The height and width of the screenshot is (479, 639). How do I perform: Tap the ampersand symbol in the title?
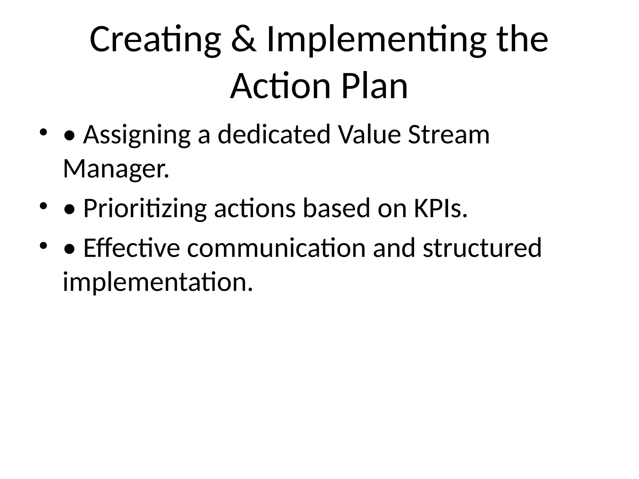(244, 40)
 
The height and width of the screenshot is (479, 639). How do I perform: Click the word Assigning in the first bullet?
(137, 135)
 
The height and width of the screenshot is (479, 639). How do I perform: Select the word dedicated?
(274, 134)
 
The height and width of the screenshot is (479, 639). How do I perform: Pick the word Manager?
(116, 169)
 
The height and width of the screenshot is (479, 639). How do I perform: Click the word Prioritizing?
(145, 208)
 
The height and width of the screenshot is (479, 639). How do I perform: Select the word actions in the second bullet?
(255, 208)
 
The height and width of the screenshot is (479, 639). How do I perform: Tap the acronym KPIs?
(440, 208)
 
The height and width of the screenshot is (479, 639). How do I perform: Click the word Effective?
(131, 248)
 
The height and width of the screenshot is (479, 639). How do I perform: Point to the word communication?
(276, 248)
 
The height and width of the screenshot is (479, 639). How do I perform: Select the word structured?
(482, 248)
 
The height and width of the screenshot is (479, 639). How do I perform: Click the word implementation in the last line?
(158, 282)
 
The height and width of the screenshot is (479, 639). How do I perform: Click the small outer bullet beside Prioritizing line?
(43, 206)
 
